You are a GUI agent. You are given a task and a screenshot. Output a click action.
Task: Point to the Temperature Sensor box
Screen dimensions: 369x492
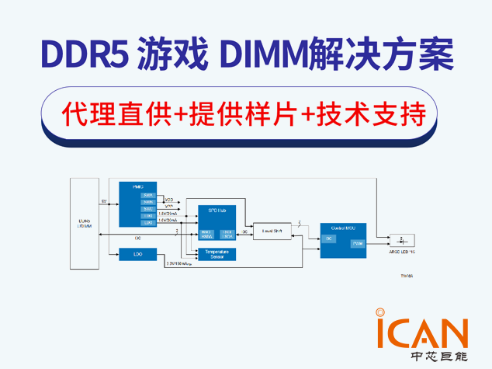216,253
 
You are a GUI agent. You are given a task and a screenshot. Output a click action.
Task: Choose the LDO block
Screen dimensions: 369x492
139,253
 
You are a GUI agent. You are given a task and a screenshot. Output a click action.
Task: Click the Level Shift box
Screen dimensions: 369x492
272,231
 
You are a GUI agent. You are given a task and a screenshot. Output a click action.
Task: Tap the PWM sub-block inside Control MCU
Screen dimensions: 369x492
357,243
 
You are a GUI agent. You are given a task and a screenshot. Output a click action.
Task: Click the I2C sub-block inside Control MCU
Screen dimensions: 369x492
329,238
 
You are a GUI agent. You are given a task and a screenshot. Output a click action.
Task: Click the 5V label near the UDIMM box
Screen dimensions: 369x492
104,200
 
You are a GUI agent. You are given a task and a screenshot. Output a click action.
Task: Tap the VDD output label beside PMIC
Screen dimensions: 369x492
169,200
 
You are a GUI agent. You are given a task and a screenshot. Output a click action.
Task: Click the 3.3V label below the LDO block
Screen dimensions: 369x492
182,264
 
